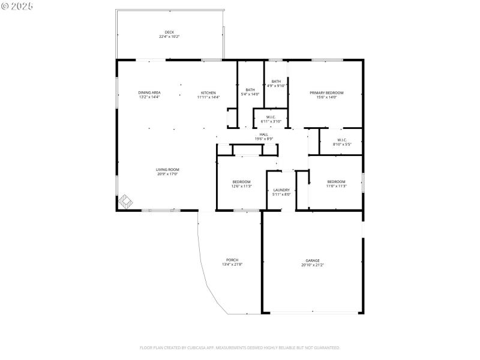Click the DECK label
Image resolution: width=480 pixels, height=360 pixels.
(169, 32)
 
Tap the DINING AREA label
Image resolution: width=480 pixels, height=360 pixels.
(149, 92)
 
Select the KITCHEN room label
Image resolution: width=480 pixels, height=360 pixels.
(208, 92)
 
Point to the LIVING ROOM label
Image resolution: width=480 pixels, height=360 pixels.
(168, 169)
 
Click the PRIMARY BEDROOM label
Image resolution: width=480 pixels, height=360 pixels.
(326, 92)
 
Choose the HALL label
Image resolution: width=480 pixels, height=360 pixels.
(264, 134)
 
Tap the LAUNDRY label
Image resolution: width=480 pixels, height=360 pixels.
(281, 190)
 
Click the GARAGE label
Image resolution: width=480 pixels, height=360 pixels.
(313, 260)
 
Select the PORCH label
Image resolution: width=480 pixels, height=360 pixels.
(232, 260)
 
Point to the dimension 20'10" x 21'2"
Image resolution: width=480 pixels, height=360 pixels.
(313, 265)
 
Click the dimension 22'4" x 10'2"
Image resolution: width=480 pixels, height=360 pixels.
(169, 37)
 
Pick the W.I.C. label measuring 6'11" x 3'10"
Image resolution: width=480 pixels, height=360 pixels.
(271, 117)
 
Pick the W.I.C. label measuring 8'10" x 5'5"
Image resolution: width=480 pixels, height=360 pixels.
(342, 140)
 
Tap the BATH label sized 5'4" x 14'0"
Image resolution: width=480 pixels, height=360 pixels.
(250, 89)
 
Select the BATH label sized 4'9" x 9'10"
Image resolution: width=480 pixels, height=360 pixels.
(276, 81)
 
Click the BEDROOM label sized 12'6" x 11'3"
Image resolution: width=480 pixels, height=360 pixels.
(242, 181)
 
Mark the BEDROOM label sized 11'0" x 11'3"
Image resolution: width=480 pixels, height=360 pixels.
(336, 181)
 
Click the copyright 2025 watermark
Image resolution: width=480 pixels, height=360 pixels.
(17, 5)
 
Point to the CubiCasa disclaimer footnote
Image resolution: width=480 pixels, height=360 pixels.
(240, 347)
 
